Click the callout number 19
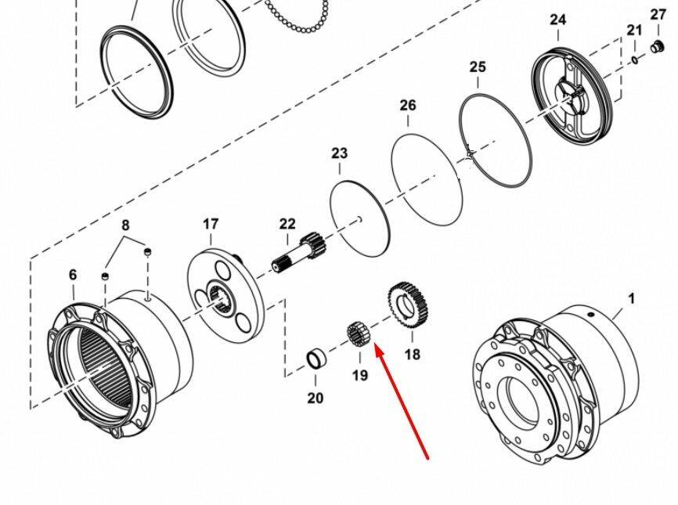[x=359, y=375]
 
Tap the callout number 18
[x=412, y=355]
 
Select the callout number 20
[x=315, y=399]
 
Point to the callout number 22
[x=287, y=225]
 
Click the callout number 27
[x=658, y=14]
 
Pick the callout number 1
[x=632, y=298]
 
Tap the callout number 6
[x=73, y=275]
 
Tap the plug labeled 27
[x=658, y=46]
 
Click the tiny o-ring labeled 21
[x=633, y=59]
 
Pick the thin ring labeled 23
[x=360, y=217]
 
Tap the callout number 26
[x=408, y=105]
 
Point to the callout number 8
[x=125, y=225]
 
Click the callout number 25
[x=478, y=67]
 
